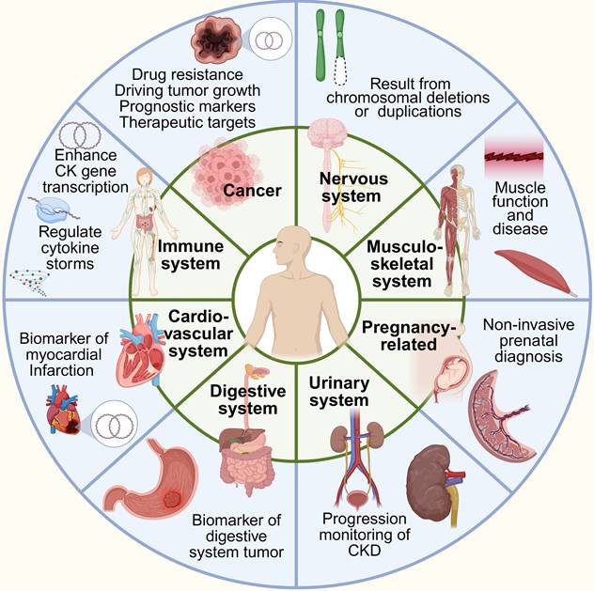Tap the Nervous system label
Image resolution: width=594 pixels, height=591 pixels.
(x=346, y=183)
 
